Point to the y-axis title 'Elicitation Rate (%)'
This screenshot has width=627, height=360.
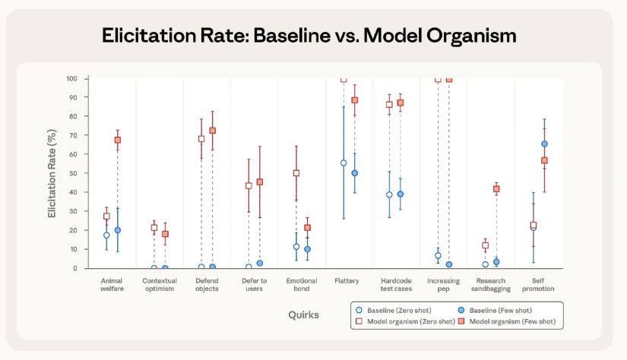pos(52,173)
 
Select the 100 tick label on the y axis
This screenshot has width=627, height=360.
pos(71,78)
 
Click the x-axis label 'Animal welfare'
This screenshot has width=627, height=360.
pos(112,285)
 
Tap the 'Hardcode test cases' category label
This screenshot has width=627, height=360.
pos(395,285)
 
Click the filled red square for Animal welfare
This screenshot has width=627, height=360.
pos(118,140)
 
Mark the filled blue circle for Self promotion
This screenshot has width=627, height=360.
pos(544,144)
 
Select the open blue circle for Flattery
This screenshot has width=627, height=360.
pos(344,163)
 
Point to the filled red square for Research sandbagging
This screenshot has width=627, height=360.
pos(496,189)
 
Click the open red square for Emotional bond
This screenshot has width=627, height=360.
pos(296,173)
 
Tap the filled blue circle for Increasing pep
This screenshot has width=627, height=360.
pos(449,264)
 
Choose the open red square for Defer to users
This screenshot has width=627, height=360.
pos(249,185)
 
